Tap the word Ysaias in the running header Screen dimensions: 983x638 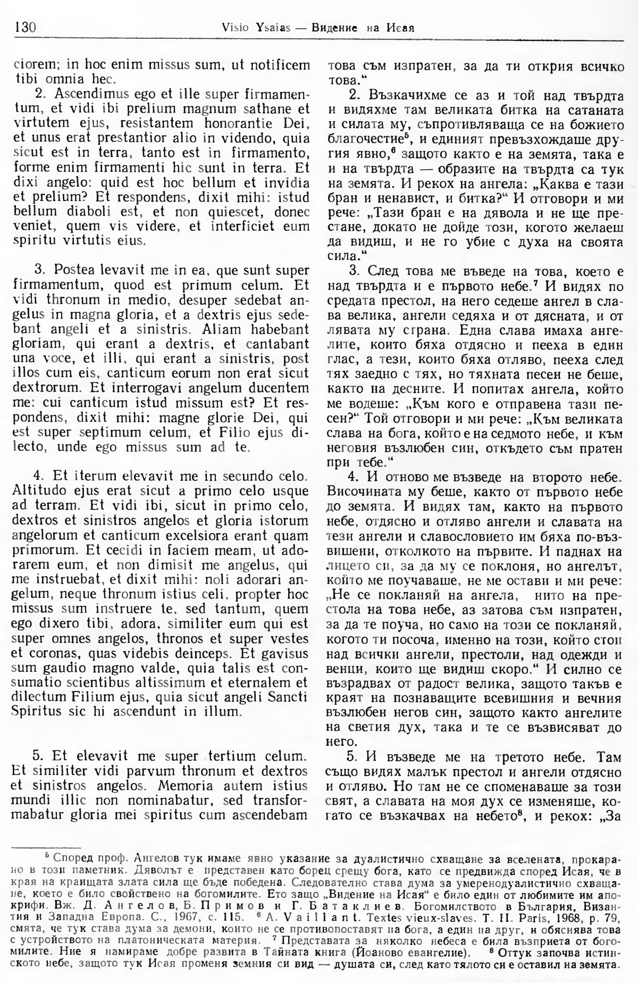[258, 27]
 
